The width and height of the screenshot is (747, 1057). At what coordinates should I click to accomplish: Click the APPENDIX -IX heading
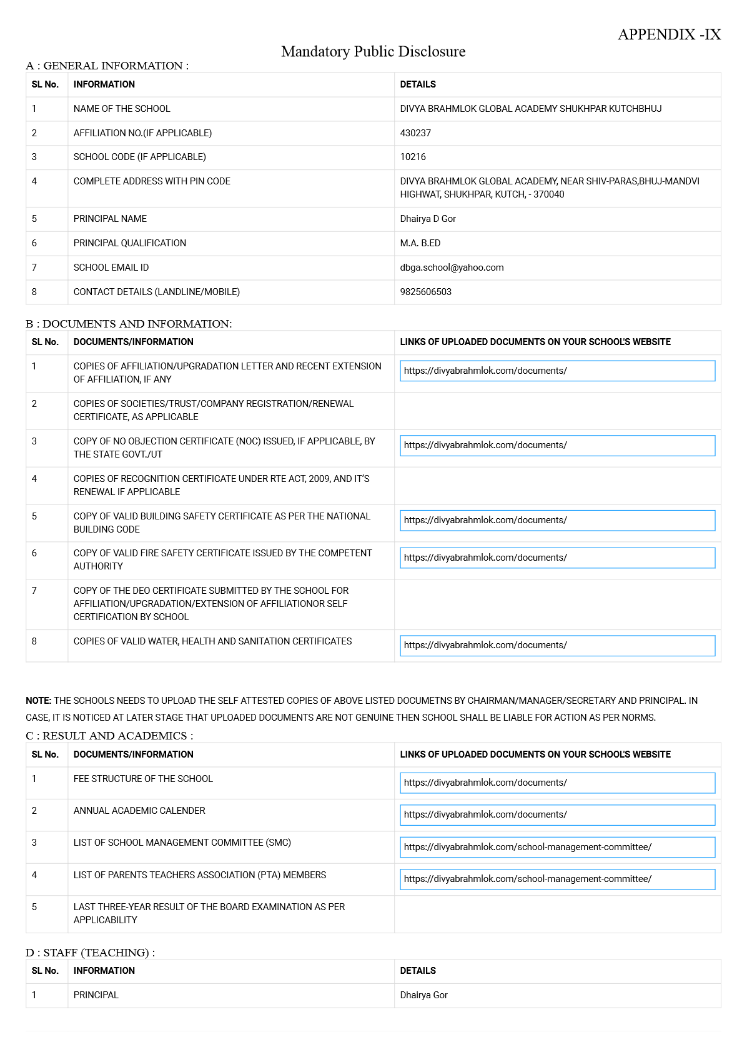click(x=669, y=34)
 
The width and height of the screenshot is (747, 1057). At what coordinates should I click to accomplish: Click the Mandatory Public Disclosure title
click(x=373, y=51)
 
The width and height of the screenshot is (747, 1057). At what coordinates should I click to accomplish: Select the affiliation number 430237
click(x=415, y=133)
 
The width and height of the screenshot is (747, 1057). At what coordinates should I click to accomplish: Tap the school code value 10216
click(x=413, y=157)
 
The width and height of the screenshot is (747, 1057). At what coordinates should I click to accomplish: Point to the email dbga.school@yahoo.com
click(x=452, y=268)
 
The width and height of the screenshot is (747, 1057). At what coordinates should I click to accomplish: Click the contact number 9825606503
click(x=425, y=292)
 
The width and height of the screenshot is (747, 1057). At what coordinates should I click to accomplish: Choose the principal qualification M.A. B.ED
click(x=420, y=243)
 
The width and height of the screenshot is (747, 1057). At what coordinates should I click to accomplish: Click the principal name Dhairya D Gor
click(x=428, y=219)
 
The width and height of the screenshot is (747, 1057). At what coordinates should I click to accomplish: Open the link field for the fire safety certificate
click(x=557, y=558)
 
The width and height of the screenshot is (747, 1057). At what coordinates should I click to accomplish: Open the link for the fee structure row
click(x=557, y=783)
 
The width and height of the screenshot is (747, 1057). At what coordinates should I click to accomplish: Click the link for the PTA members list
click(x=557, y=879)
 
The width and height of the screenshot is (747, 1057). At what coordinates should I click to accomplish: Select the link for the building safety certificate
click(x=557, y=520)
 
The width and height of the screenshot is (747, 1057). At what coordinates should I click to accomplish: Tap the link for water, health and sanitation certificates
click(x=557, y=645)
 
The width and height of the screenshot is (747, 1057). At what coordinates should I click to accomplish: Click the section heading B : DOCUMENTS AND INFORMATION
click(x=129, y=324)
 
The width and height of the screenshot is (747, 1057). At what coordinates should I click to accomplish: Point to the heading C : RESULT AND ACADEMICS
click(x=109, y=736)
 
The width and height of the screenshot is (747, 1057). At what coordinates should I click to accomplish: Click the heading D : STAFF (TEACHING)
click(x=90, y=953)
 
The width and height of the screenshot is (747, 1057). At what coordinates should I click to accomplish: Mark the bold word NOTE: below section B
click(x=38, y=701)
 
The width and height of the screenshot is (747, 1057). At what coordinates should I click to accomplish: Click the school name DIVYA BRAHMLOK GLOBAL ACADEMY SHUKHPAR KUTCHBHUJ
click(x=530, y=109)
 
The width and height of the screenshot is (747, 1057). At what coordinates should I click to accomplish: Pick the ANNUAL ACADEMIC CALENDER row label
click(x=139, y=811)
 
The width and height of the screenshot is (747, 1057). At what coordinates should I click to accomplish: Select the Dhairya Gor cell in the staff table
click(x=423, y=995)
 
